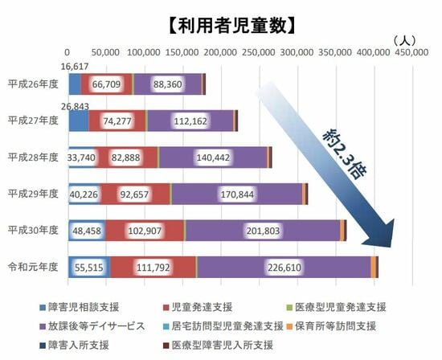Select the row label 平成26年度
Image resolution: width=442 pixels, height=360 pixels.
[x=33, y=84]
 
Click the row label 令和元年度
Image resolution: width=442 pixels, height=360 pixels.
[x=33, y=266]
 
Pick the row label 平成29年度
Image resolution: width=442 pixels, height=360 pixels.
[x=33, y=193]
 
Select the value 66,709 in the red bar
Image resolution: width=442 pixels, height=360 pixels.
[x=107, y=84]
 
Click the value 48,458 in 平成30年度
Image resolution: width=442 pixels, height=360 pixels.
[x=86, y=230]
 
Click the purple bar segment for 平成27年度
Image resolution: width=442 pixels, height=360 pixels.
[x=190, y=121]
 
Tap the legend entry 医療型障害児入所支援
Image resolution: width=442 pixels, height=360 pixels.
[x=223, y=345]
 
